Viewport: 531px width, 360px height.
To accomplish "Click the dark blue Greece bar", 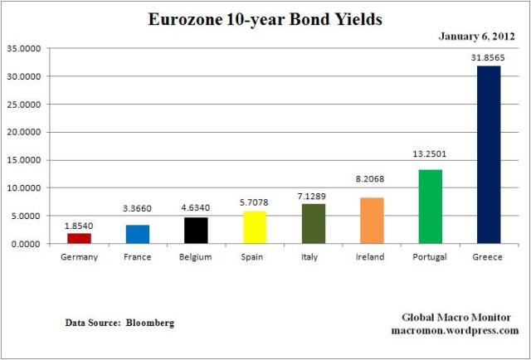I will pyautogui.click(x=488, y=154).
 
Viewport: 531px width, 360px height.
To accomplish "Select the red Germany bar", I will pyautogui.click(x=80, y=238).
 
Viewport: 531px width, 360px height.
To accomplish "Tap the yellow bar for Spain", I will pyautogui.click(x=255, y=227).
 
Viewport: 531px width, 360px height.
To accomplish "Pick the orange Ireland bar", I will pyautogui.click(x=371, y=221).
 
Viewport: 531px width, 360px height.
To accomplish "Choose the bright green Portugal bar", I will pyautogui.click(x=430, y=207).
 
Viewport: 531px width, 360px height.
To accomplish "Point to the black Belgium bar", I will pyautogui.click(x=196, y=231).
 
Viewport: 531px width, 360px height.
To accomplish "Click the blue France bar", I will pyautogui.click(x=138, y=234).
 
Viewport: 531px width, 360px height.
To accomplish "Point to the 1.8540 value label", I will pyautogui.click(x=80, y=226).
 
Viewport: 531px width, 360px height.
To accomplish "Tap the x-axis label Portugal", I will pyautogui.click(x=430, y=257).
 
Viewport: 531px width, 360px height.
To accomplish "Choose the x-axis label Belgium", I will pyautogui.click(x=196, y=257).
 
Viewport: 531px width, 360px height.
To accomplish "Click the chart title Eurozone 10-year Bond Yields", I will pyautogui.click(x=265, y=18).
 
